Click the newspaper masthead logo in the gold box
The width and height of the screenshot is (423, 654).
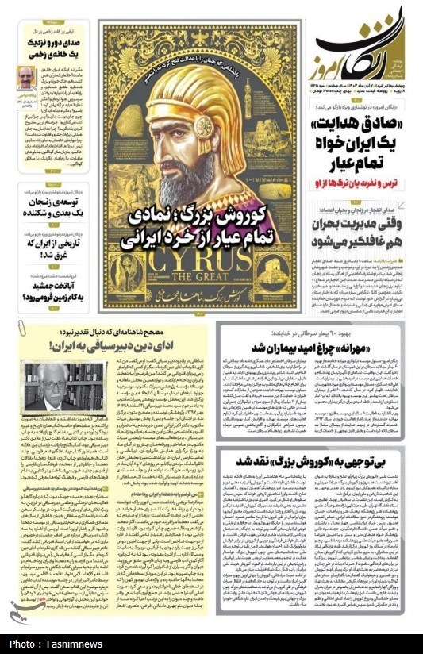[366, 47]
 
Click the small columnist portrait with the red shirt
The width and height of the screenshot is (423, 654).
[27, 78]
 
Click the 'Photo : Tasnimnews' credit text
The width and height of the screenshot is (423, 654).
[53, 643]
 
